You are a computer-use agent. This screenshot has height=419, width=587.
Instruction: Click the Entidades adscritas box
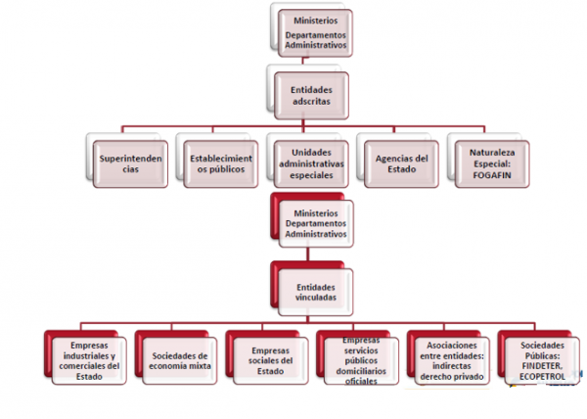click(311, 95)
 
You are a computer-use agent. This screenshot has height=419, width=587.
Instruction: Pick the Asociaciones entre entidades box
click(448, 358)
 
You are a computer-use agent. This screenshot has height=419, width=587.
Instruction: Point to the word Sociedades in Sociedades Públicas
click(539, 345)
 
